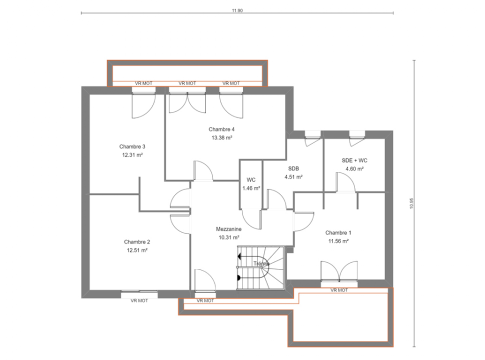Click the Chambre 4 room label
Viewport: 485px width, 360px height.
(221, 129)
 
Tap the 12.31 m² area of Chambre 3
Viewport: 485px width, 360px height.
(132, 155)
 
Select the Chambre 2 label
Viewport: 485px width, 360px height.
(137, 242)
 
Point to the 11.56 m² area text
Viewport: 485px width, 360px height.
(338, 241)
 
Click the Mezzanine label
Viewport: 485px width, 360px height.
(228, 229)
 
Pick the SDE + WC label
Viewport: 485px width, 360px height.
(354, 160)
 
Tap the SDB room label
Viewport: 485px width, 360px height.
(293, 168)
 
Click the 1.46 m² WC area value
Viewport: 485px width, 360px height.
(251, 188)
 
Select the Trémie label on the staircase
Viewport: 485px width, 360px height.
(261, 264)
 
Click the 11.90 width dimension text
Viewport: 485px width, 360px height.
(237, 10)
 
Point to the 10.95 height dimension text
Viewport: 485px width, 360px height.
(411, 203)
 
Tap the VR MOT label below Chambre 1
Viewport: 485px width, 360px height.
(339, 290)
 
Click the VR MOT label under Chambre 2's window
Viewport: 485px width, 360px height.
(139, 300)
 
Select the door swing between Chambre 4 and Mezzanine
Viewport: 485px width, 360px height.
(203, 170)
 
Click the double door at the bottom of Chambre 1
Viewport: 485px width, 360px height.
(339, 271)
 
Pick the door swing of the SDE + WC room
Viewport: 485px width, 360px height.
(345, 182)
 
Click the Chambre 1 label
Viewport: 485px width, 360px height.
(338, 232)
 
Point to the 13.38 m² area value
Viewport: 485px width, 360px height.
(222, 137)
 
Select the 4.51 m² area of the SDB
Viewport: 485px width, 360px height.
(293, 177)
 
